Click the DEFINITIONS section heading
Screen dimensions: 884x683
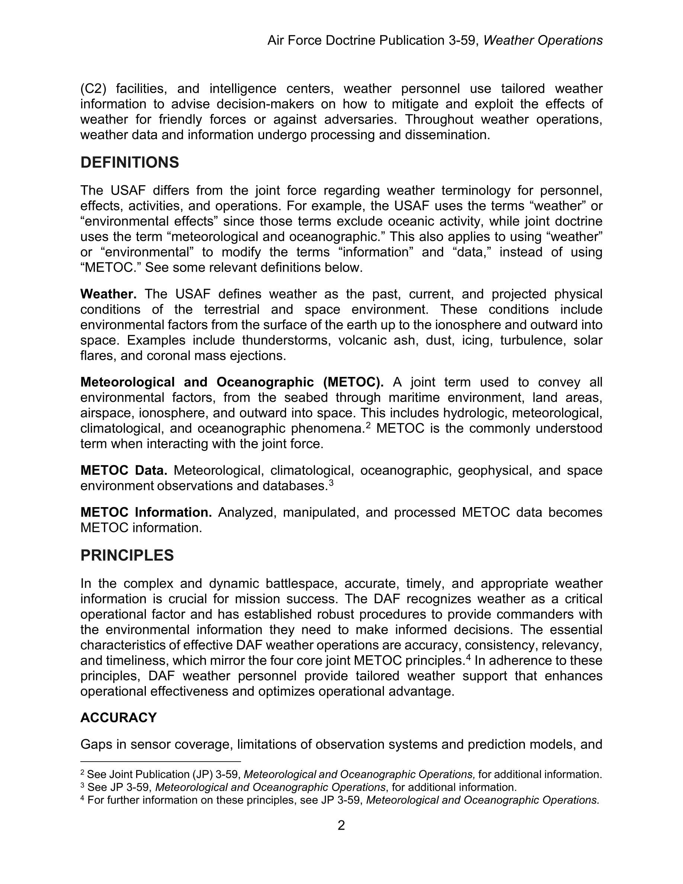tap(129, 163)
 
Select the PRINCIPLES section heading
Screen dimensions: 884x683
tap(127, 555)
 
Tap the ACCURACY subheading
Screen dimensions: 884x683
tap(119, 718)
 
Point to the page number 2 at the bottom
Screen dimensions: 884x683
tap(341, 826)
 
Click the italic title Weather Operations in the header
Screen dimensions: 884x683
tap(543, 41)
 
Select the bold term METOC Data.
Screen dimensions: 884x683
tap(124, 471)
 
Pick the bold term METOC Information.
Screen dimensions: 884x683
tap(146, 512)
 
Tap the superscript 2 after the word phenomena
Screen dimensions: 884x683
tap(368, 425)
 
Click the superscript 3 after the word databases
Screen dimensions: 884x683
tap(331, 483)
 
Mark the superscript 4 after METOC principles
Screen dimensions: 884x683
tap(469, 657)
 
